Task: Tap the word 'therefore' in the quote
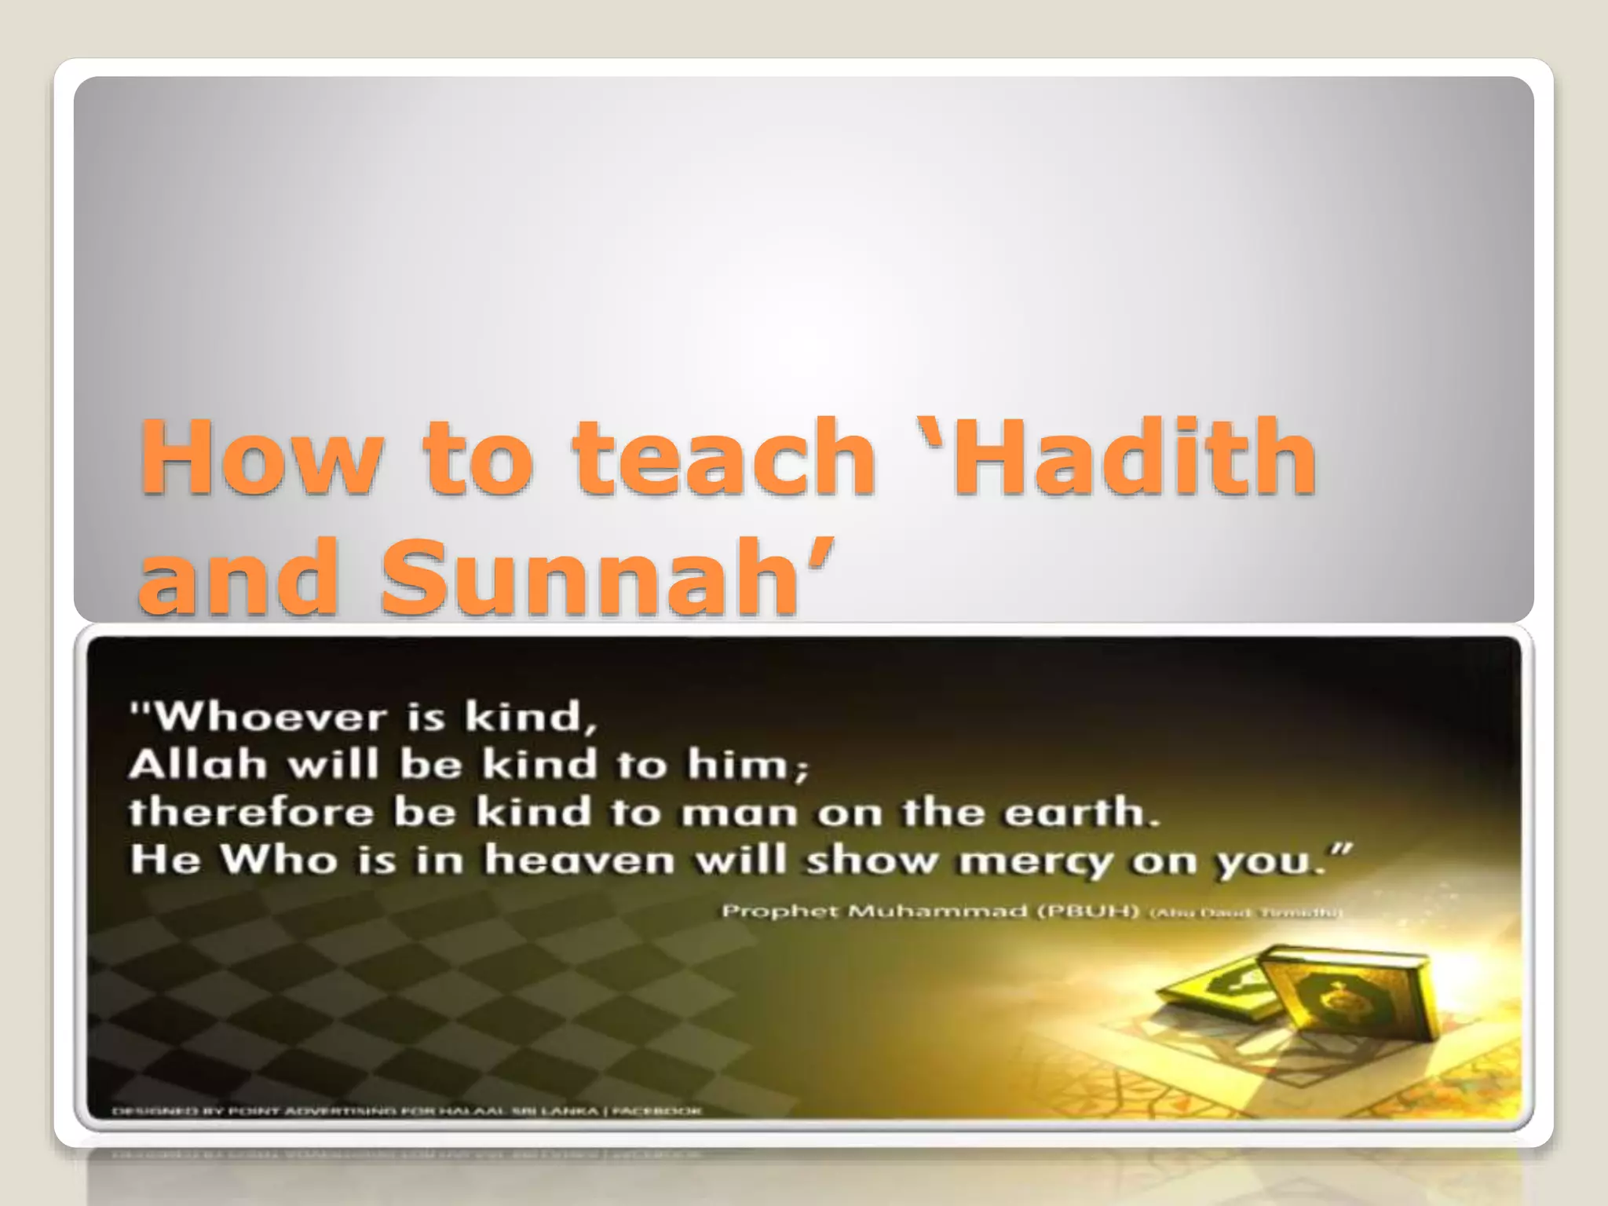pyautogui.click(x=251, y=812)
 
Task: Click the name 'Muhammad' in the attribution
pyautogui.click(x=926, y=911)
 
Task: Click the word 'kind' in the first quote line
pyautogui.click(x=522, y=717)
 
